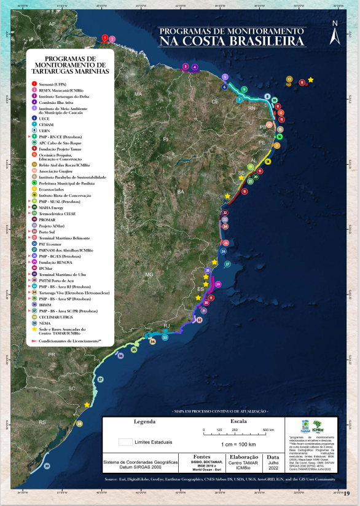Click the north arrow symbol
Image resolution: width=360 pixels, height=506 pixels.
(x=334, y=33)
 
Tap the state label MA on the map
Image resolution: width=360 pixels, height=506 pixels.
(x=138, y=94)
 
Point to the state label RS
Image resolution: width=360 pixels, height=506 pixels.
(x=42, y=422)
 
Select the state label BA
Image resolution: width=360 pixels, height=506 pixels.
(x=180, y=192)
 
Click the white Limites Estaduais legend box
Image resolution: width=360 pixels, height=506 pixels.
(x=125, y=441)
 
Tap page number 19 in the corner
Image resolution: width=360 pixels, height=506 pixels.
(x=347, y=492)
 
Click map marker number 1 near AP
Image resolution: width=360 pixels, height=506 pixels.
(x=105, y=38)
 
